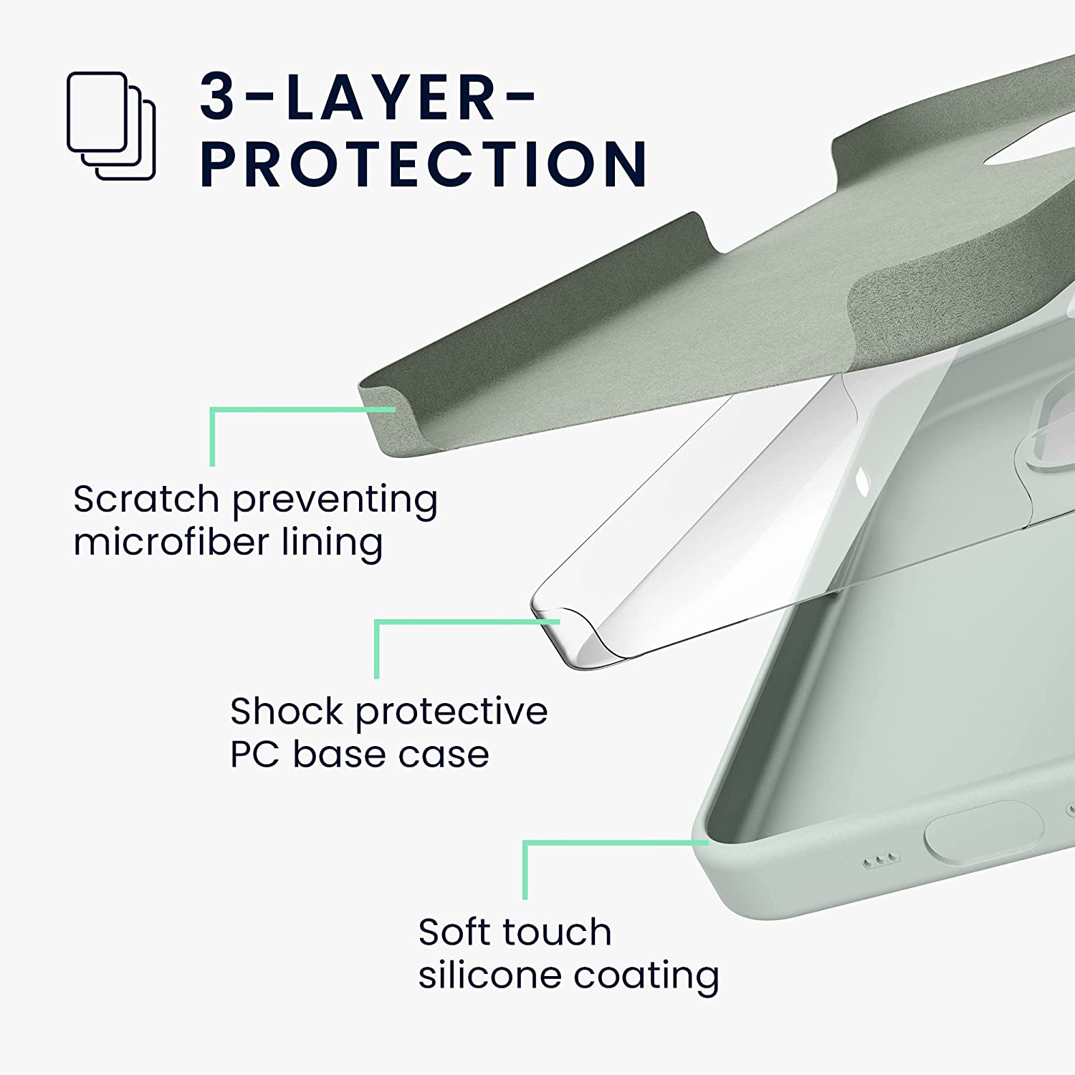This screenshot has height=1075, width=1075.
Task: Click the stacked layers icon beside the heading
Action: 111,126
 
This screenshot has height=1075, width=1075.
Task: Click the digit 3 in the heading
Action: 218,96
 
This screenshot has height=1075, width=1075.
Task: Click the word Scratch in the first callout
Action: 146,499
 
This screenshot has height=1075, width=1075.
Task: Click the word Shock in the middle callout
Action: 287,711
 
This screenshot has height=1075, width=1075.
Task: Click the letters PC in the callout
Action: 254,755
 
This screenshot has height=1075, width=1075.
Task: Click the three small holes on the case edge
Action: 881,859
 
